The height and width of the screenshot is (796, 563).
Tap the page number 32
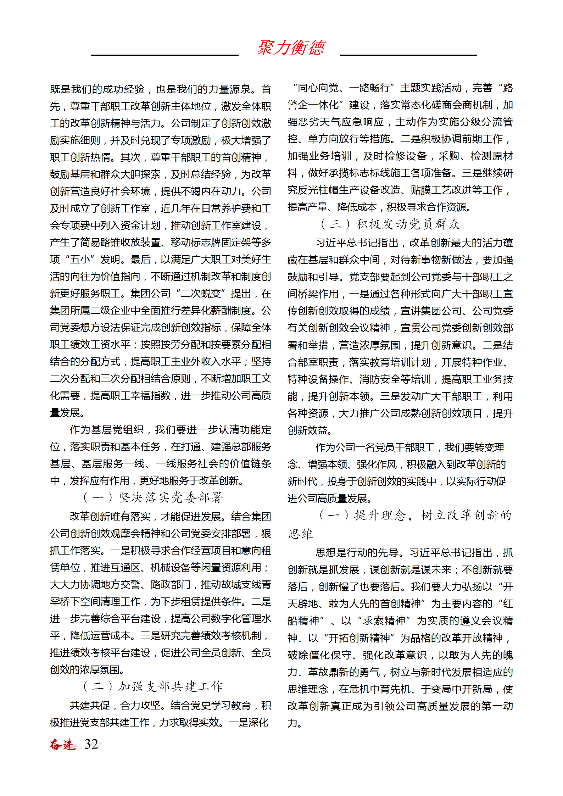[91, 744]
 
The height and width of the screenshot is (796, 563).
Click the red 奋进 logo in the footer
[62, 744]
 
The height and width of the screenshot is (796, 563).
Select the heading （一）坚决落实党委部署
[153, 497]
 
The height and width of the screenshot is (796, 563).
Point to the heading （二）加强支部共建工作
[153, 686]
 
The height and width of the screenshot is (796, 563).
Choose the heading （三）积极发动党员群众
[390, 224]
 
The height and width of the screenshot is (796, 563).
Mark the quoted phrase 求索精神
[384, 621]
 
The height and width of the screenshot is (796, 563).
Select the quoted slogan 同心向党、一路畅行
[344, 88]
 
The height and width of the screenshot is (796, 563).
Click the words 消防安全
[379, 379]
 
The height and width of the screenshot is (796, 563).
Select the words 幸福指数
[151, 396]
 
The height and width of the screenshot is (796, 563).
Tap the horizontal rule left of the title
[165, 55]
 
